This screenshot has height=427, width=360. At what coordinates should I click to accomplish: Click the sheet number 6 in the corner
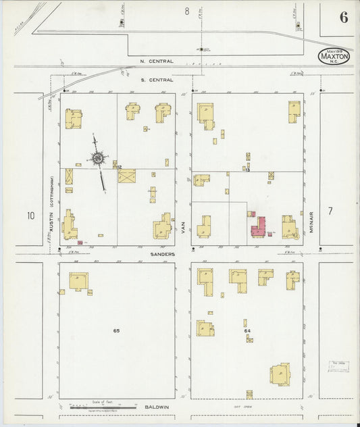344,18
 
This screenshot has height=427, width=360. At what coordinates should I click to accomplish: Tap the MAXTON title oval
334,56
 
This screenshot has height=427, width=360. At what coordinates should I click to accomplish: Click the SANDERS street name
163,254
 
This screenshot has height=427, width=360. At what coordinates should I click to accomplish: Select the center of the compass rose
99,159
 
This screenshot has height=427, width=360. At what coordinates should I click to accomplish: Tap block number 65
116,331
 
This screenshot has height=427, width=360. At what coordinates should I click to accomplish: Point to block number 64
247,331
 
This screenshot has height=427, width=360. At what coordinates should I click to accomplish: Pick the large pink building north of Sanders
257,227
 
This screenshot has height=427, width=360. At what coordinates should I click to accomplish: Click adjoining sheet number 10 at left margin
30,216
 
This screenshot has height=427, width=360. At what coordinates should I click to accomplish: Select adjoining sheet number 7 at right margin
330,211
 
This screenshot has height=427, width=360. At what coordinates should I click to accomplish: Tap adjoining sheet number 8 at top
186,10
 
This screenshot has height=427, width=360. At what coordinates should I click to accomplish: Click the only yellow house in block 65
78,282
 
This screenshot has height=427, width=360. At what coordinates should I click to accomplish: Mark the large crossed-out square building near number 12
127,176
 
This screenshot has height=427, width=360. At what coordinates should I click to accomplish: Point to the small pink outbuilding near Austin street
80,242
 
